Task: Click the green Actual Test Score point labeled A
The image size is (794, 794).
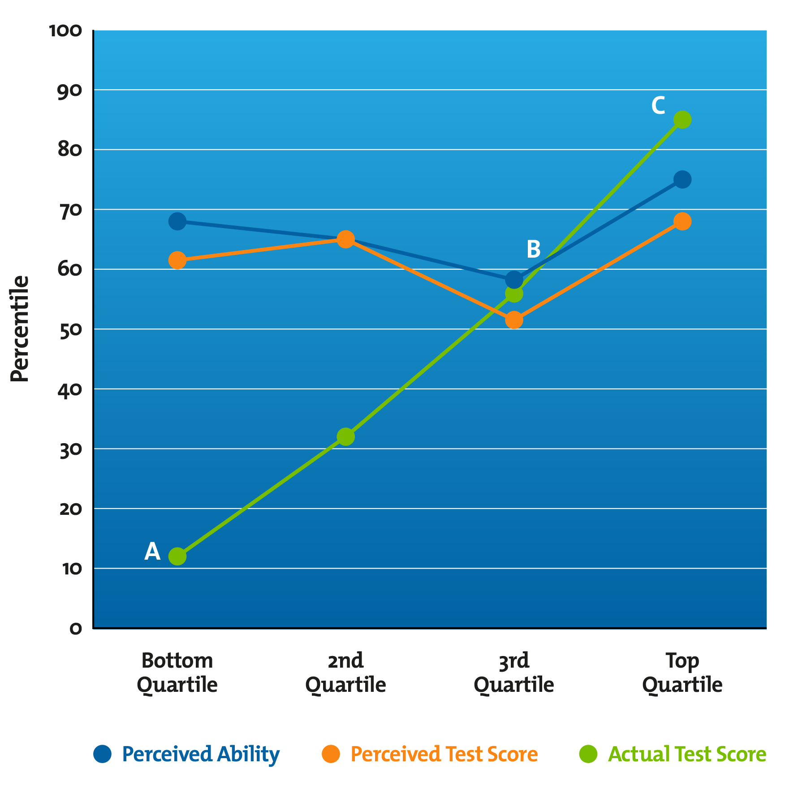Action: tap(177, 556)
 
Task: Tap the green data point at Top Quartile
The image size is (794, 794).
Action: tap(682, 120)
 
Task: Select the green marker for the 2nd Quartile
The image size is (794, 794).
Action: tap(345, 436)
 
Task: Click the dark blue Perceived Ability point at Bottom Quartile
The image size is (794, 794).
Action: tap(177, 221)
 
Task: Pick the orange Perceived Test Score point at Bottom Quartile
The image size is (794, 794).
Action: tap(177, 260)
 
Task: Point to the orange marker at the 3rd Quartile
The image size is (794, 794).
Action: tap(514, 320)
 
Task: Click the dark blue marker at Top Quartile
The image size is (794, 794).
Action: tap(682, 180)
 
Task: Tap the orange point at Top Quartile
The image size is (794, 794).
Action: tap(682, 221)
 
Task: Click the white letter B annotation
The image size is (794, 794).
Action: tap(533, 249)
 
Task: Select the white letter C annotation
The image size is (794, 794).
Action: tap(658, 106)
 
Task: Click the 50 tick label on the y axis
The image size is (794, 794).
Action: tap(70, 329)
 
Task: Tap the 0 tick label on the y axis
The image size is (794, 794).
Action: tap(76, 628)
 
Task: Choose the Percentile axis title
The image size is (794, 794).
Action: tap(20, 328)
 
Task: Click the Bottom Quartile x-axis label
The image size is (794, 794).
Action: tap(177, 673)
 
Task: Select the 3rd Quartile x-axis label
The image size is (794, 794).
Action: tap(514, 673)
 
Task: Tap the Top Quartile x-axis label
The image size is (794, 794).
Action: tap(682, 673)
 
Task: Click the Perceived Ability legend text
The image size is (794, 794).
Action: tap(201, 754)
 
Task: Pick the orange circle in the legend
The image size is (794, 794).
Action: tap(331, 754)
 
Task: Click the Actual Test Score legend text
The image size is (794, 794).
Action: tap(687, 754)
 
